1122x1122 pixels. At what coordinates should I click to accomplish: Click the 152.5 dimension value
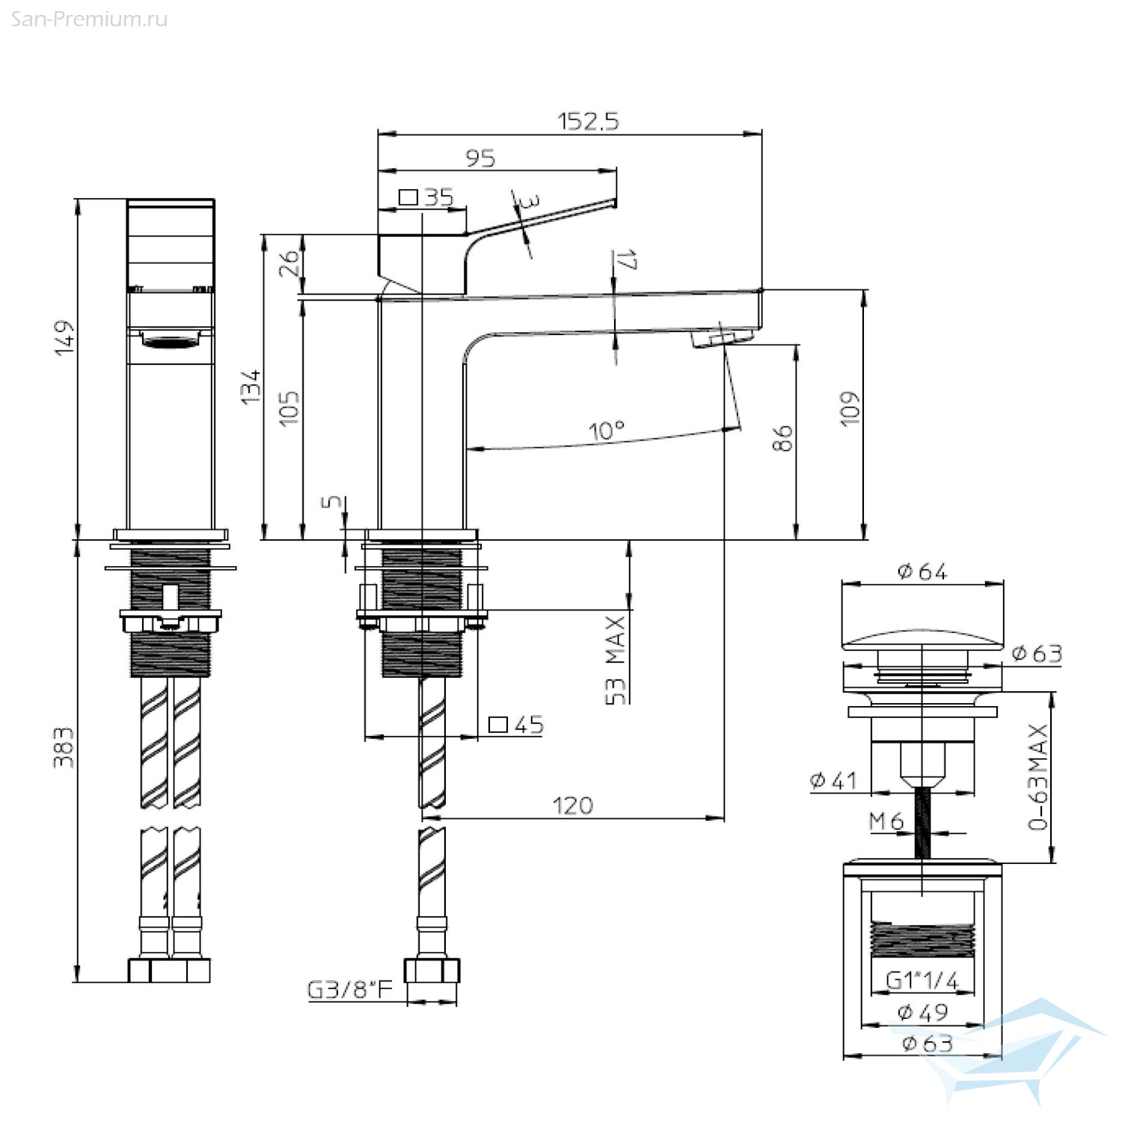[589, 121]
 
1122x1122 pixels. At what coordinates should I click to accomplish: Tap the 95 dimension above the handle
[480, 159]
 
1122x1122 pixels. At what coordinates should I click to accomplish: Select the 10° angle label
[606, 431]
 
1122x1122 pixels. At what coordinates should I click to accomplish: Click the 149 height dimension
[65, 337]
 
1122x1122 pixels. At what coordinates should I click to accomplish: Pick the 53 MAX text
[615, 660]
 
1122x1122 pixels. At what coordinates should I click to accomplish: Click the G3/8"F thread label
[350, 990]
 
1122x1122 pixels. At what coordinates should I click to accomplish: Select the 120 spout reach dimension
[573, 806]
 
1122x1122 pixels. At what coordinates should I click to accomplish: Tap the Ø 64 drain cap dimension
[922, 571]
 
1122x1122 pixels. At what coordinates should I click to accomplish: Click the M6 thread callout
[886, 821]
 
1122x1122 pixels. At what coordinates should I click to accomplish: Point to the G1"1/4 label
[922, 980]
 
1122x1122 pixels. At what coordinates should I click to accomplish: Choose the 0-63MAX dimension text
[1038, 776]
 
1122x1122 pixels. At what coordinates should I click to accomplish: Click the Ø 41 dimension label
[833, 781]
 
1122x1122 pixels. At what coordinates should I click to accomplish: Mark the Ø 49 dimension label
[922, 1012]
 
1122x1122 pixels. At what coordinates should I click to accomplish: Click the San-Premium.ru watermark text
[89, 19]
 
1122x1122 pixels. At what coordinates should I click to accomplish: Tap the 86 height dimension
[782, 438]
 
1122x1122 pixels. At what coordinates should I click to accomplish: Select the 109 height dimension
[850, 408]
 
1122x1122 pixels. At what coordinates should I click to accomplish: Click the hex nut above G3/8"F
[432, 970]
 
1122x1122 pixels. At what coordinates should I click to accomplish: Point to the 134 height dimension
[251, 387]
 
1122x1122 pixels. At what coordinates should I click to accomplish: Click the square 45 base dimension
[516, 724]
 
